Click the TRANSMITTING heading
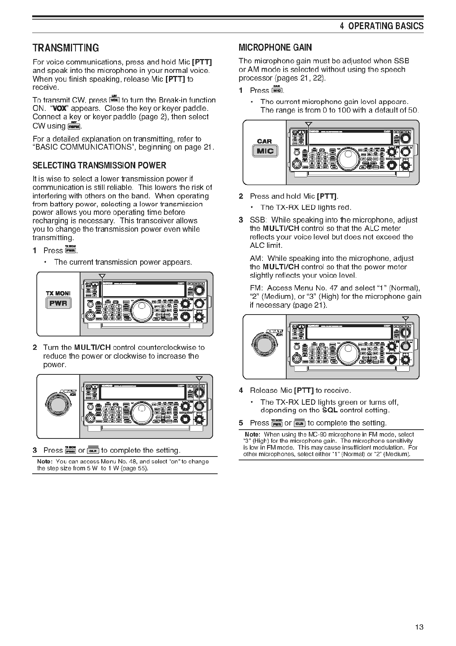(66, 48)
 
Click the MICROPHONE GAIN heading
(275, 48)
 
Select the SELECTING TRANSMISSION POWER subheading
(99, 166)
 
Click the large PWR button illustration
(58, 303)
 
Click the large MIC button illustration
(265, 151)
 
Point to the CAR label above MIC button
(264, 142)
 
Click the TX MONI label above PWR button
(58, 293)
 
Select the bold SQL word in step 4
(330, 410)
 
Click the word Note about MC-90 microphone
(252, 435)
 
